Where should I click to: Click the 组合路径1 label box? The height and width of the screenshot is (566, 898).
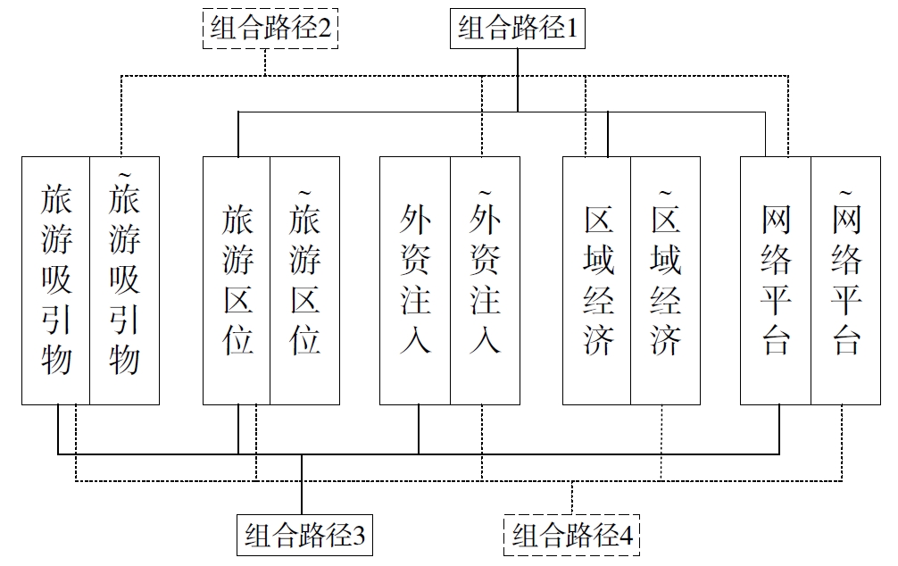[x=519, y=29]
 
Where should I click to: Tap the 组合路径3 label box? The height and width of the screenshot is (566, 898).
[x=304, y=536]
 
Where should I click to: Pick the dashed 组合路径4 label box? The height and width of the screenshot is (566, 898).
[x=572, y=536]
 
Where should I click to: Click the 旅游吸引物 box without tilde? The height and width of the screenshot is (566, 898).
[x=55, y=280]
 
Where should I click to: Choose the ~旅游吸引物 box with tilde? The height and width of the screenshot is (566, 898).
[x=125, y=280]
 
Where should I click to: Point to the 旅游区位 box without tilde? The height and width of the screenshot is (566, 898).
[x=237, y=280]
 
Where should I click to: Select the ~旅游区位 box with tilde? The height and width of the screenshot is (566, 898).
[x=305, y=280]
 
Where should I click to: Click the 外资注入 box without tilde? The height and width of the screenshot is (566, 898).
[x=415, y=280]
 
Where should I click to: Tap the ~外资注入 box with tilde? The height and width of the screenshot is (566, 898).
[x=485, y=280]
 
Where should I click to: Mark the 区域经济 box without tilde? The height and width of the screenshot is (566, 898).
[x=597, y=280]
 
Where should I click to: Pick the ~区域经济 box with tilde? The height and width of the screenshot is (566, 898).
[x=666, y=280]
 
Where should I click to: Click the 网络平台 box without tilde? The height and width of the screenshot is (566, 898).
[x=776, y=280]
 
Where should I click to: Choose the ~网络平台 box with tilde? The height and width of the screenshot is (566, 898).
[x=845, y=280]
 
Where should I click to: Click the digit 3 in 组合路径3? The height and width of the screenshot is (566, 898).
[x=359, y=537]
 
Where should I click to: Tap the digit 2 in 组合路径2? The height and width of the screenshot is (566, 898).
[x=325, y=29]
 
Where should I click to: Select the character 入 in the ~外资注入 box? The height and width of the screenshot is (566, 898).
[x=485, y=340]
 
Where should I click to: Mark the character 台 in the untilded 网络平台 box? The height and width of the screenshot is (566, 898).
[x=776, y=340]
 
